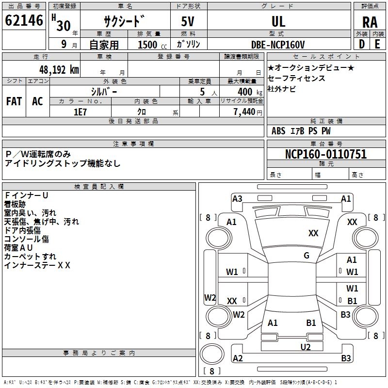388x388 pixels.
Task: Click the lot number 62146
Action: click(24, 20)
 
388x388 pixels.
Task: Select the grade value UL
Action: click(278, 21)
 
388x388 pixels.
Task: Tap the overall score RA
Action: click(370, 22)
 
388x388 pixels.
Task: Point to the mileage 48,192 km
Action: click(59, 70)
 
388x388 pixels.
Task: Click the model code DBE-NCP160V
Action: click(278, 45)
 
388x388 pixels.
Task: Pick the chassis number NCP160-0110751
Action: click(326, 154)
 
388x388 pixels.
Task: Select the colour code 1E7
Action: click(80, 112)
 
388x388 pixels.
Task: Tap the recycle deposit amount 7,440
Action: click(244, 112)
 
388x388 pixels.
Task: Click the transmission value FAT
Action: click(14, 101)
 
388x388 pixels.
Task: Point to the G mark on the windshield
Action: click(307, 256)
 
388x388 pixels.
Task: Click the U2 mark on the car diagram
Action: click(306, 347)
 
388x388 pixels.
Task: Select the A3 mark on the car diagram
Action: click(237, 199)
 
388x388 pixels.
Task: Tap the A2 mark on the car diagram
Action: click(238, 358)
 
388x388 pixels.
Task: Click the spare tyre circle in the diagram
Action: click(212, 354)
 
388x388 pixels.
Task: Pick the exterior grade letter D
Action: click(361, 44)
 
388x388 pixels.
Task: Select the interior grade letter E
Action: click(377, 44)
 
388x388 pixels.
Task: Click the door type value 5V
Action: click(188, 21)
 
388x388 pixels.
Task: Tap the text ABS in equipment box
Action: click(278, 131)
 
